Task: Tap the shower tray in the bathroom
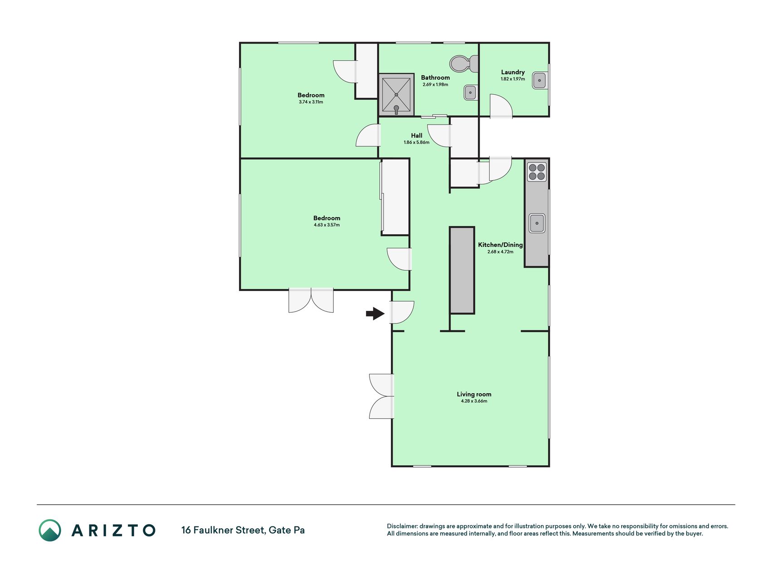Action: click(396, 95)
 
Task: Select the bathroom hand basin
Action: click(470, 92)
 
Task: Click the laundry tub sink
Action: click(540, 81)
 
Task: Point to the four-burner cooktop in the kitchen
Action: click(537, 172)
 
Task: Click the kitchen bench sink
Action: click(537, 223)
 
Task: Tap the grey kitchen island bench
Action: click(462, 270)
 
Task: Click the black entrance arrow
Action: click(375, 313)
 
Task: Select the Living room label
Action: click(474, 394)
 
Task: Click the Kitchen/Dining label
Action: click(500, 245)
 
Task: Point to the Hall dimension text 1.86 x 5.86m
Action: click(416, 142)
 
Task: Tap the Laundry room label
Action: click(513, 72)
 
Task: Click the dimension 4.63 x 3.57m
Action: click(326, 225)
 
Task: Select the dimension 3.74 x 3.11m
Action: click(311, 102)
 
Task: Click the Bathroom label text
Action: click(435, 77)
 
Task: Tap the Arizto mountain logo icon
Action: click(50, 530)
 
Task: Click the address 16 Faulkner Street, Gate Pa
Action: click(243, 530)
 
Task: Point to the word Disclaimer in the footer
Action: click(402, 526)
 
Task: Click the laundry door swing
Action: click(501, 106)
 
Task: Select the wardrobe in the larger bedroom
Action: click(395, 197)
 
